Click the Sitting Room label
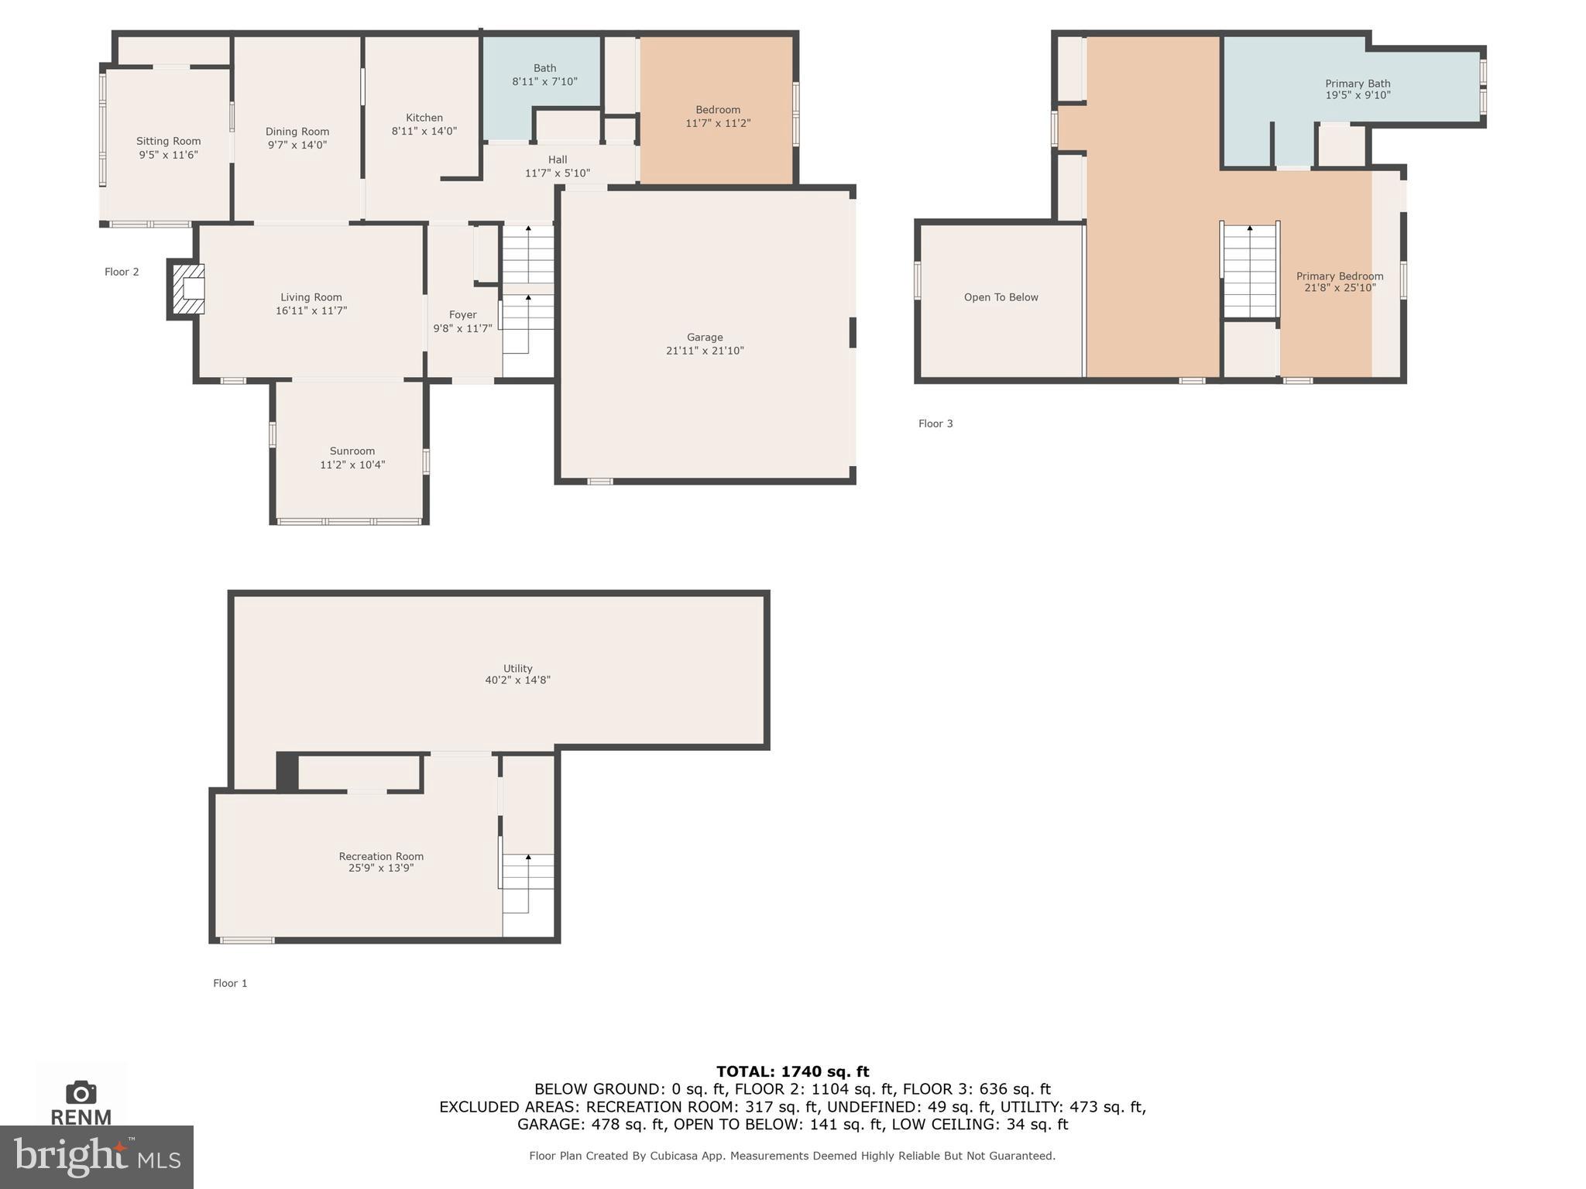[x=168, y=141]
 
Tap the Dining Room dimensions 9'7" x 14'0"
[x=297, y=145]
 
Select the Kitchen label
[x=424, y=118]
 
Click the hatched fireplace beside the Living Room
[x=187, y=289]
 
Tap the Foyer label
[x=462, y=314]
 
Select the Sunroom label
[x=352, y=451]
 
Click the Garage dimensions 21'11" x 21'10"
[x=704, y=351]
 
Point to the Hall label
[x=558, y=159]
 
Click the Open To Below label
[x=1001, y=297]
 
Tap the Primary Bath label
[x=1357, y=84]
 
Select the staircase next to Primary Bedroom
[x=1249, y=270]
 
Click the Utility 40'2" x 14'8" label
[x=517, y=673]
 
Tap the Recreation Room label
[x=380, y=856]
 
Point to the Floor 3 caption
[x=935, y=423]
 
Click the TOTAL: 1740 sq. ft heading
[x=792, y=1071]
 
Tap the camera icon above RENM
[x=81, y=1092]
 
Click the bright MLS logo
[x=96, y=1156]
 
